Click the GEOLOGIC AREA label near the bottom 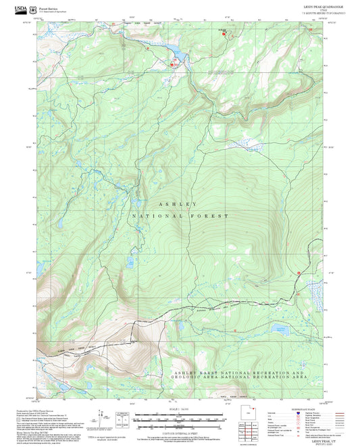point(203,379)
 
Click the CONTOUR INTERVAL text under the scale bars point(178,431)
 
